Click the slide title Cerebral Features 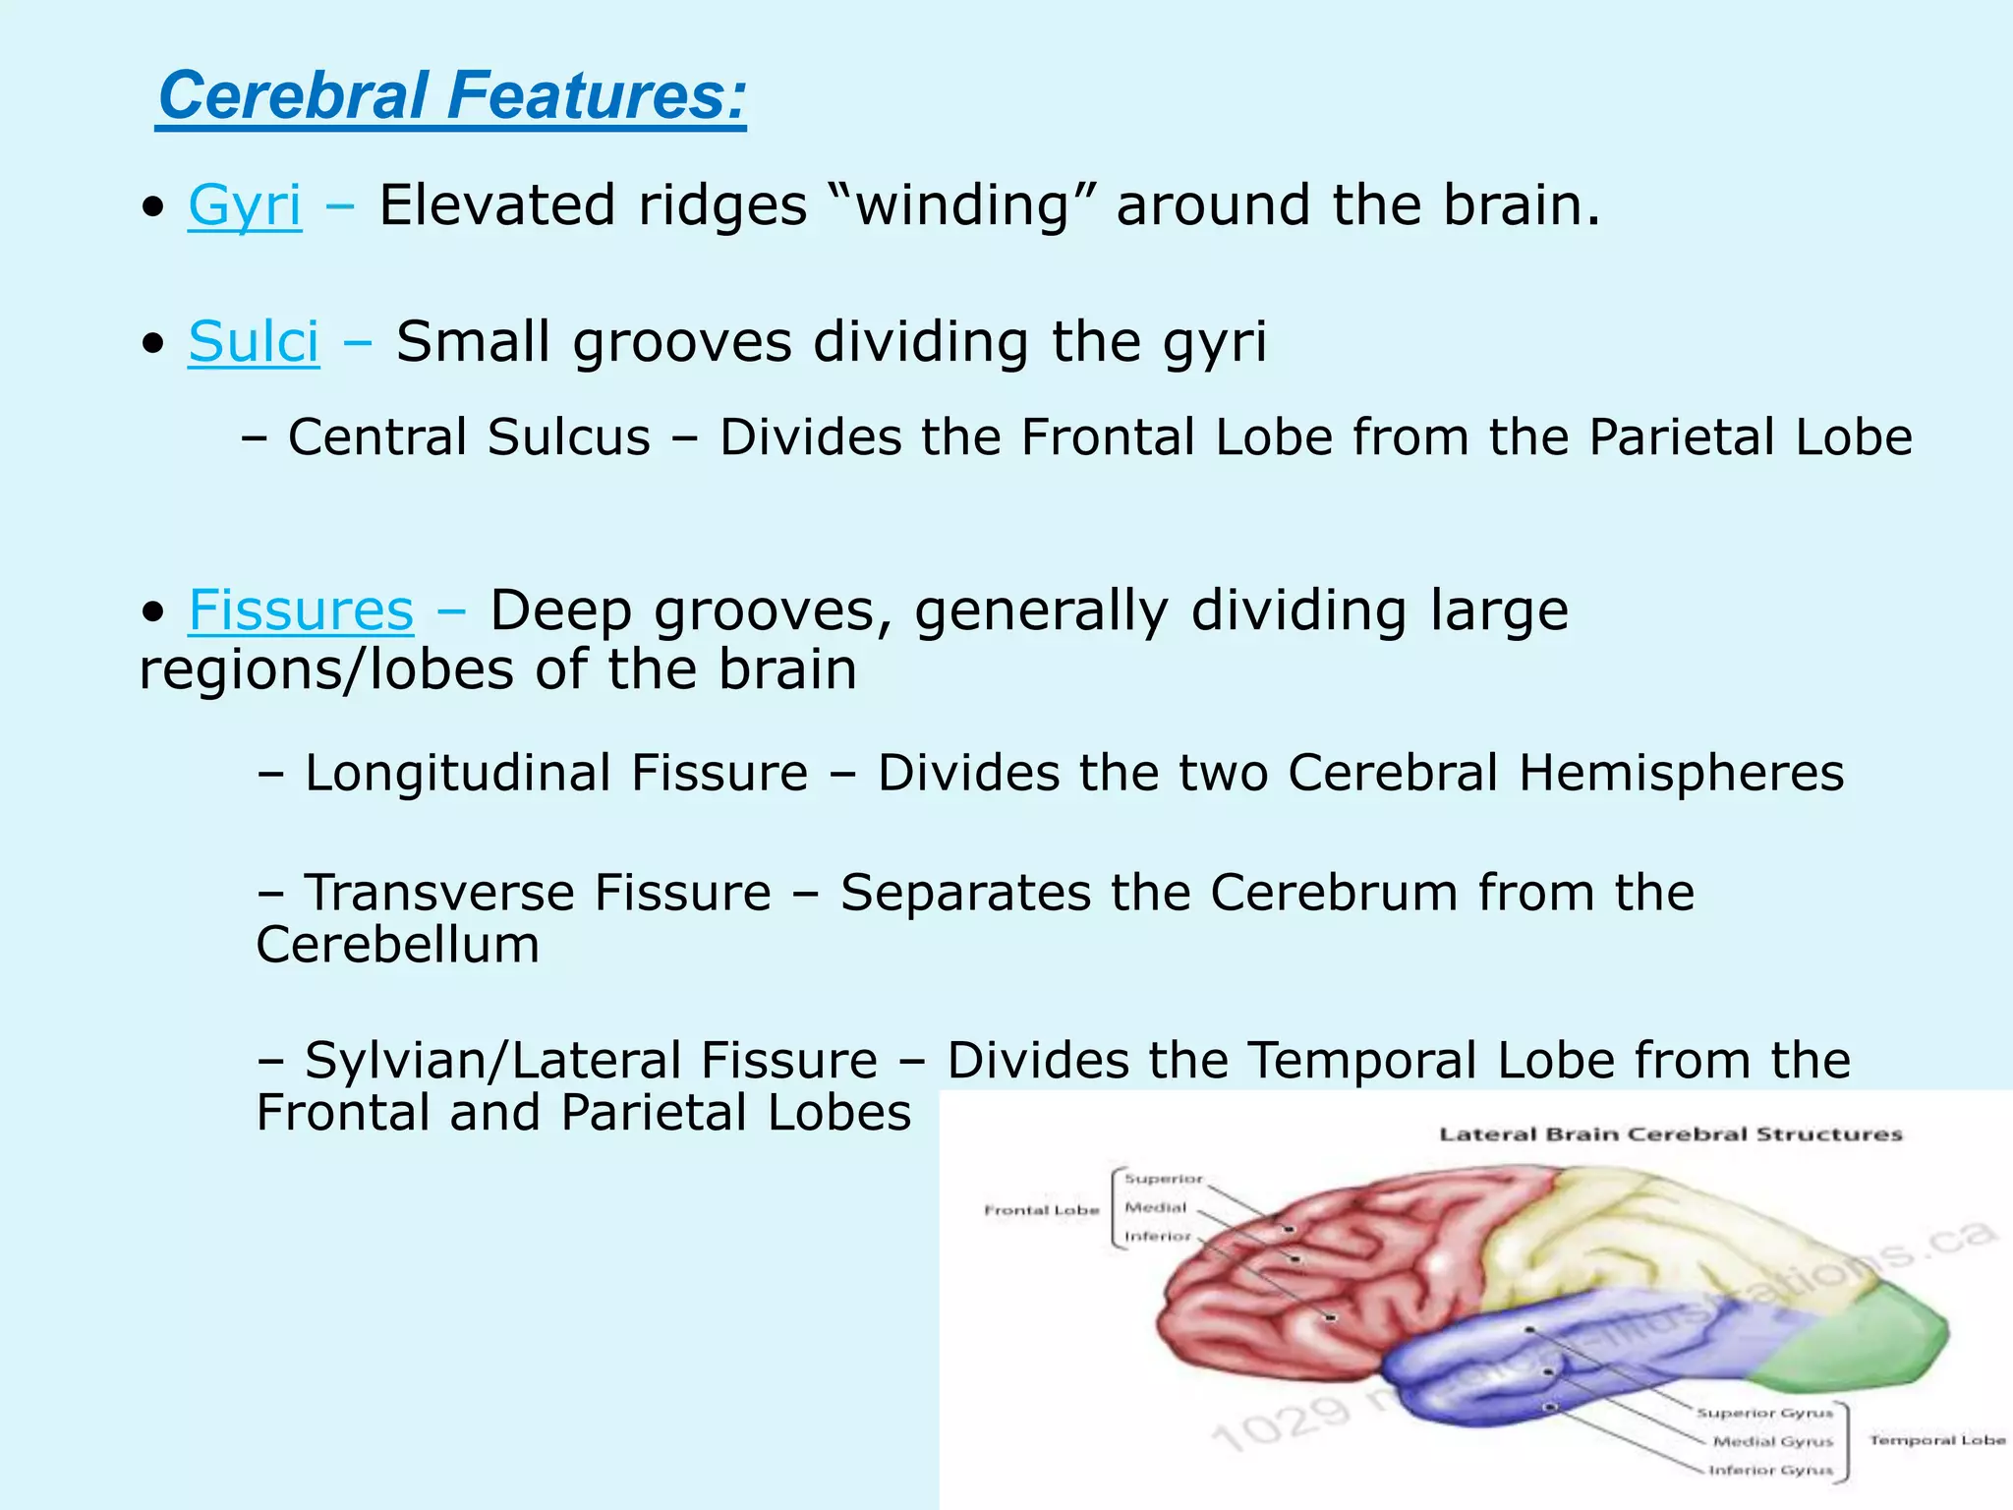452,96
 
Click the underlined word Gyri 245,205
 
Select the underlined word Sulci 254,342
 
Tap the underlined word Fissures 301,610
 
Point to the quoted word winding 962,205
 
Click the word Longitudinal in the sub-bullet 556,773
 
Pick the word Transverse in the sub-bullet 538,893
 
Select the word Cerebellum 397,946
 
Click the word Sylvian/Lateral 591,1061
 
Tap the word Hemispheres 1681,773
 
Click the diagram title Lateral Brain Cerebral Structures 1670,1134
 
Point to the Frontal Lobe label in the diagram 1041,1210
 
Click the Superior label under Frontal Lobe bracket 1163,1179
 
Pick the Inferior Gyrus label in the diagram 1770,1471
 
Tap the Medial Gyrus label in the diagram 1773,1442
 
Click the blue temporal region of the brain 1573,1366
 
